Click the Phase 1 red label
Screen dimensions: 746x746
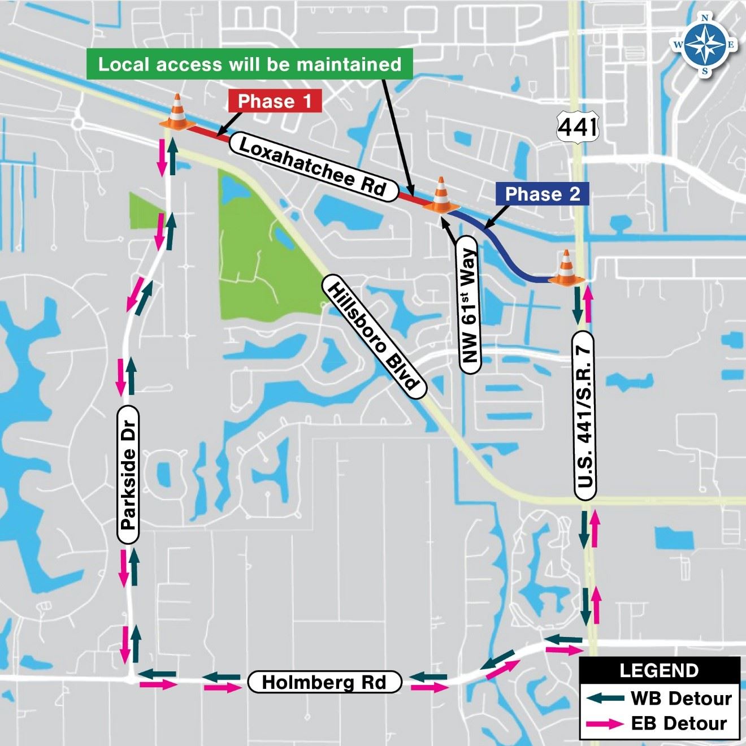coord(275,101)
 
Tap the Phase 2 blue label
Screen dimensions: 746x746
coord(542,194)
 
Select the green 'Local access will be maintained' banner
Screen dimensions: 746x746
coord(250,64)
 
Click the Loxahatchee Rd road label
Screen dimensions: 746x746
coord(313,167)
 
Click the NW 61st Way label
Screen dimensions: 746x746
coord(469,306)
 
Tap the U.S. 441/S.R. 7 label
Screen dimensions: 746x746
coord(586,416)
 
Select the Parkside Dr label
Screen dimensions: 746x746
coord(129,474)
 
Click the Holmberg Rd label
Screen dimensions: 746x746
coord(324,682)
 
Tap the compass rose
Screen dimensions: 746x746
coord(705,45)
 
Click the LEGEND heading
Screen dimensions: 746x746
coord(659,671)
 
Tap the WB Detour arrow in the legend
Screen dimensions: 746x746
coord(606,698)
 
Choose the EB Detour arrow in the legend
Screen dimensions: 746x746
coord(606,723)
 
